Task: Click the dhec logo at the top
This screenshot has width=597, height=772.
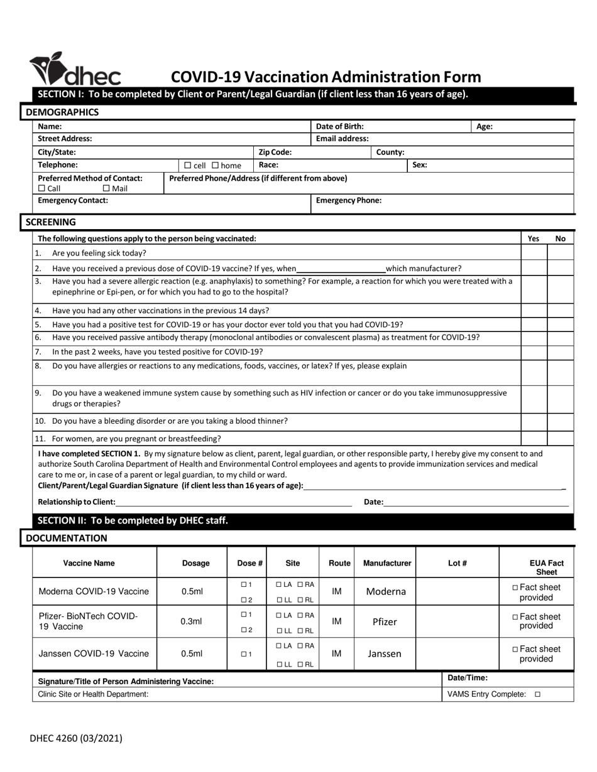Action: point(75,69)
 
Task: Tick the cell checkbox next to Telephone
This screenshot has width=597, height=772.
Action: point(188,166)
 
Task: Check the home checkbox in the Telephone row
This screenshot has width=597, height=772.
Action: point(215,166)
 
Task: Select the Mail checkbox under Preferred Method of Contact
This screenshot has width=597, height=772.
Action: point(106,188)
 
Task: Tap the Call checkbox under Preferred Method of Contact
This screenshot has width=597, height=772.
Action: point(42,188)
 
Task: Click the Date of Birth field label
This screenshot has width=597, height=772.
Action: point(339,126)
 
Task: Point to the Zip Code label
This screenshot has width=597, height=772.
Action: point(275,152)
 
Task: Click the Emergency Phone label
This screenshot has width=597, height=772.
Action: point(348,201)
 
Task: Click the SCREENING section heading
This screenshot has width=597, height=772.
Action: point(50,222)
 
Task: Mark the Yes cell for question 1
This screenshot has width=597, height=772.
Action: point(534,253)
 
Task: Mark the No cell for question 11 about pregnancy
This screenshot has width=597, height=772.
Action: point(561,439)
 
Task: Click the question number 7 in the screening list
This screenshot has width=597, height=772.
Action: point(38,351)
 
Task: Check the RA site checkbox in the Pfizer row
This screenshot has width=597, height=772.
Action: point(301,614)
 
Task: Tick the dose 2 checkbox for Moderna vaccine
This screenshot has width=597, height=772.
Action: point(243,600)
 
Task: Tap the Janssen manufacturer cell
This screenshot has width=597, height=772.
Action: point(384,654)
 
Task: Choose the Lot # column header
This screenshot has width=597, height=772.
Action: point(457,563)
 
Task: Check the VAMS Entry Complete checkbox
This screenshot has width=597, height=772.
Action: point(537,695)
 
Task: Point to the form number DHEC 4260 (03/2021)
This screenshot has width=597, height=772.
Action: point(76,739)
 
